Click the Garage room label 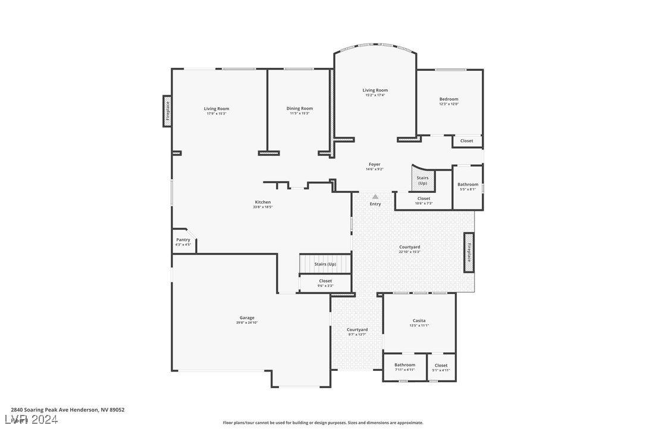tap(247, 318)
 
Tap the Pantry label tap(183, 240)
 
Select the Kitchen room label tap(263, 202)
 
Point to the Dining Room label tap(299, 108)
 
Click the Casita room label tap(419, 321)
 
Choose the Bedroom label tap(449, 99)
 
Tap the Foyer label tap(374, 164)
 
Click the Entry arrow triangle tap(375, 196)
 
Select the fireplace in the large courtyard tap(469, 252)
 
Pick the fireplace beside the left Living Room tap(168, 111)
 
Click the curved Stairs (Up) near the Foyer tap(422, 179)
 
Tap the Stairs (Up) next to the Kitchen tap(325, 264)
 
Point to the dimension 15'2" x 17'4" tap(375, 95)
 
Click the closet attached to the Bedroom tap(467, 141)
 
